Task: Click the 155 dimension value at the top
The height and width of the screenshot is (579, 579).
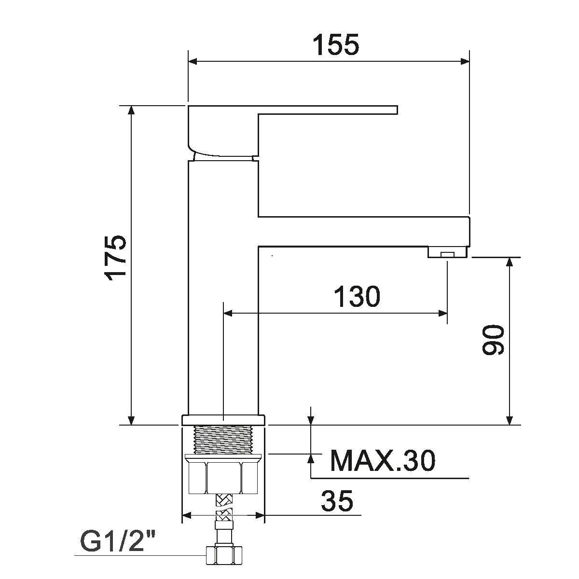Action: (x=336, y=45)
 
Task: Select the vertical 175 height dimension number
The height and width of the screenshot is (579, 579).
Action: (x=116, y=258)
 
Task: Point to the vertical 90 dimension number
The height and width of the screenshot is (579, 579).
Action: (x=493, y=340)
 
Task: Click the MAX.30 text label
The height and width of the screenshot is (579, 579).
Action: (x=382, y=461)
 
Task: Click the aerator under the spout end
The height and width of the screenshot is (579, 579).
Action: (x=448, y=252)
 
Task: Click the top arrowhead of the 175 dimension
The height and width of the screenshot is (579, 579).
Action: (x=130, y=110)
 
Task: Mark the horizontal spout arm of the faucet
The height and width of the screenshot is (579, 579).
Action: (x=362, y=231)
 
